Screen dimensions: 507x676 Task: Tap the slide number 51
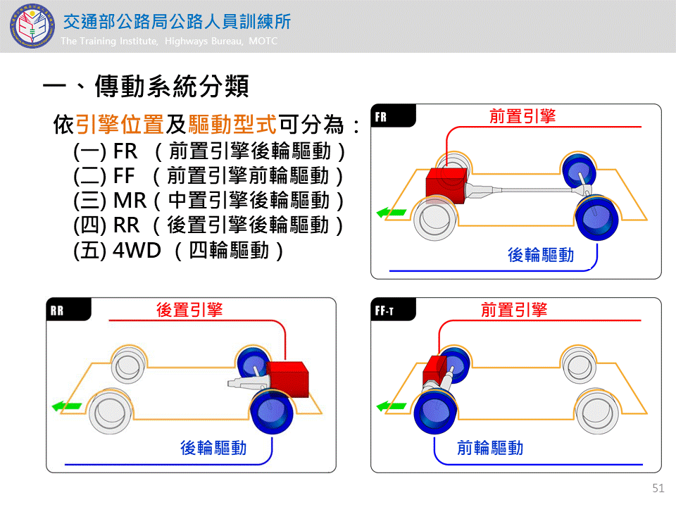point(658,488)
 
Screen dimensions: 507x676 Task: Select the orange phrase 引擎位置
point(120,125)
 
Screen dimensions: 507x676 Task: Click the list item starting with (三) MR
point(209,201)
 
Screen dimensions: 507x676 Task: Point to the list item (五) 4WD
point(179,250)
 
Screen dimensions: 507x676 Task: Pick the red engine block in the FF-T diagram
point(434,371)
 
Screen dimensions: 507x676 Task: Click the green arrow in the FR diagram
point(390,211)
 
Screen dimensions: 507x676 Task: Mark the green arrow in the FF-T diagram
point(390,406)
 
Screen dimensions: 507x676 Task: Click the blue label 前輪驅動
point(490,447)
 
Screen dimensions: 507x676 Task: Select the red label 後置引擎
point(189,309)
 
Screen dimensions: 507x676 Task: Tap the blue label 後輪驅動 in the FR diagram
point(541,254)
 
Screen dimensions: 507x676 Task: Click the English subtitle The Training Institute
point(169,42)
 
